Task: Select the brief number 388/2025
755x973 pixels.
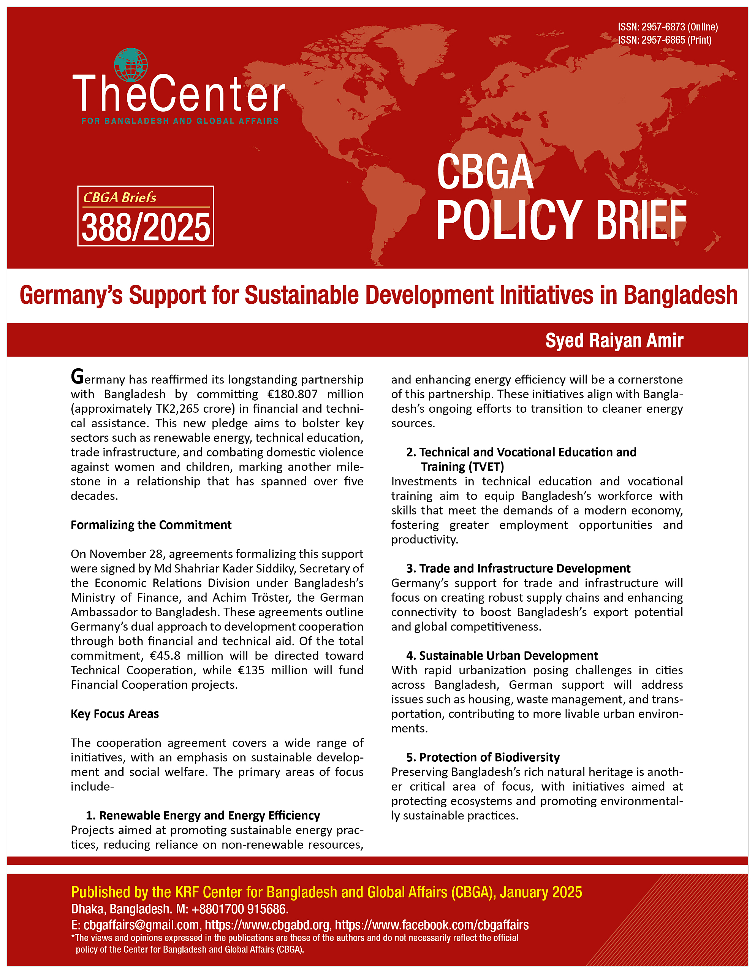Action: (146, 228)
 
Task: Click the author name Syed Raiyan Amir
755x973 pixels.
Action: (614, 341)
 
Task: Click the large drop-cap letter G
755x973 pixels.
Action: (77, 377)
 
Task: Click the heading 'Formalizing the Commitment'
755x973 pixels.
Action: (151, 525)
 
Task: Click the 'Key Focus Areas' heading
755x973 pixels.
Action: (114, 714)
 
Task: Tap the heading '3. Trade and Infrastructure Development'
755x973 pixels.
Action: (518, 569)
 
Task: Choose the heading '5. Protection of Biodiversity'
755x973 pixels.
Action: (483, 757)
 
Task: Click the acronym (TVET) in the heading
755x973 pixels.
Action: (485, 467)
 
